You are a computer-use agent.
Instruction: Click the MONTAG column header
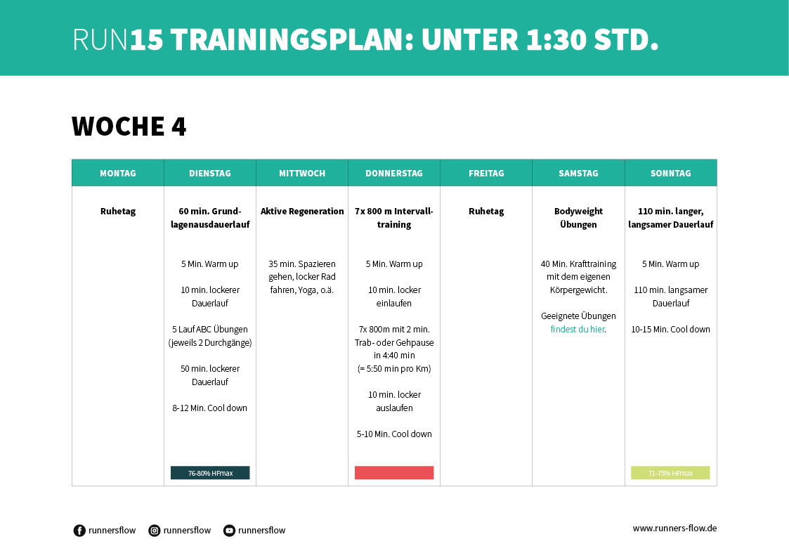tap(118, 173)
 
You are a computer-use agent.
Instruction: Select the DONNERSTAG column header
tap(394, 173)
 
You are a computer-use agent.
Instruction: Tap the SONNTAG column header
tap(671, 173)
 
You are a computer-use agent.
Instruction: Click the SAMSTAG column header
tap(578, 173)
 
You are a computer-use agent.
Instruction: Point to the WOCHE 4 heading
tap(129, 126)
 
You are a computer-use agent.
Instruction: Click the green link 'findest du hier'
tap(578, 329)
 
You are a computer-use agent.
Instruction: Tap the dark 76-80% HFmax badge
tap(210, 473)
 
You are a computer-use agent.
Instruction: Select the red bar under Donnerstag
tap(394, 473)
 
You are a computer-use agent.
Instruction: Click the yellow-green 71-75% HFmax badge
tap(670, 473)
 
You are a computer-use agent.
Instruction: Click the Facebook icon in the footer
tap(79, 531)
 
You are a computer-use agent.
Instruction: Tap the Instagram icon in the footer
tap(155, 531)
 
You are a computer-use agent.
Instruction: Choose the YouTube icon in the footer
tap(229, 531)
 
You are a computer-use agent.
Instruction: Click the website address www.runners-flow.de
tap(674, 528)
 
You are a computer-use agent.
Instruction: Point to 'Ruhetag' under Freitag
tap(486, 211)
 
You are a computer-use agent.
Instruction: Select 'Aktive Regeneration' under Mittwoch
tap(302, 211)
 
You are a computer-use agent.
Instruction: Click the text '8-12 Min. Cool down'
tap(210, 408)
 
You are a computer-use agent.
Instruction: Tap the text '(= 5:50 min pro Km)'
tap(394, 369)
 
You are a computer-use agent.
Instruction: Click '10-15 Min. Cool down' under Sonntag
tap(670, 329)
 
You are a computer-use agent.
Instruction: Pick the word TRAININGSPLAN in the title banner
tap(290, 41)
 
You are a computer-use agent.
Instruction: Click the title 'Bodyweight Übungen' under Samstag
tap(578, 218)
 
